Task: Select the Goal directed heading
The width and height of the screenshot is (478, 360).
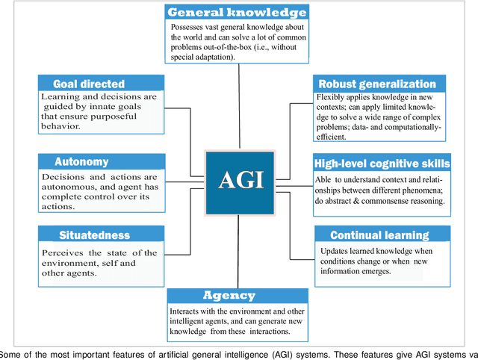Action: (x=89, y=84)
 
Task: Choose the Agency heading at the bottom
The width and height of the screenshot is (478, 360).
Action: (x=229, y=295)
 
